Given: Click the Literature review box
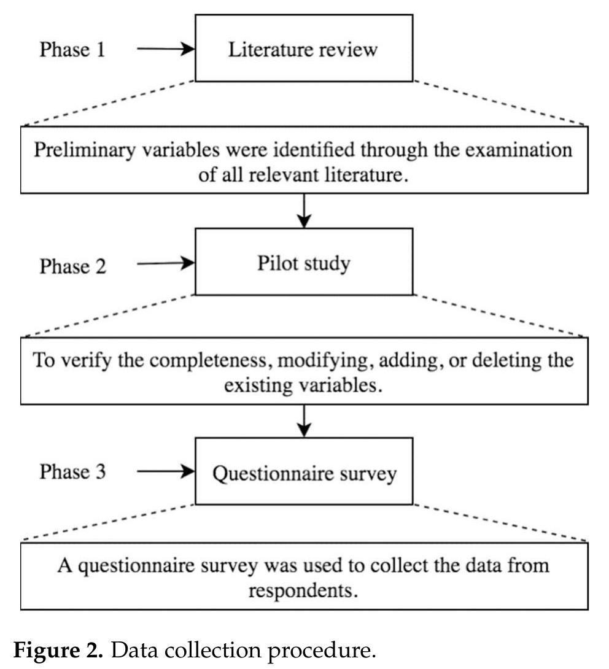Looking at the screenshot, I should [x=304, y=49].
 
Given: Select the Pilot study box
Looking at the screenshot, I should [x=304, y=263].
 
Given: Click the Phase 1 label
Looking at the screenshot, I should [x=72, y=50].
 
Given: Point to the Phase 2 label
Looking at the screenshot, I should [x=72, y=266].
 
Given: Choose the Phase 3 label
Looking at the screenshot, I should [x=72, y=472].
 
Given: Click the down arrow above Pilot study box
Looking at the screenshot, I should [x=304, y=211].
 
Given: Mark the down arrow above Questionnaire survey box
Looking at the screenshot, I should [x=304, y=421].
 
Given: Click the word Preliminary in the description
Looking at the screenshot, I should [x=76, y=150].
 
